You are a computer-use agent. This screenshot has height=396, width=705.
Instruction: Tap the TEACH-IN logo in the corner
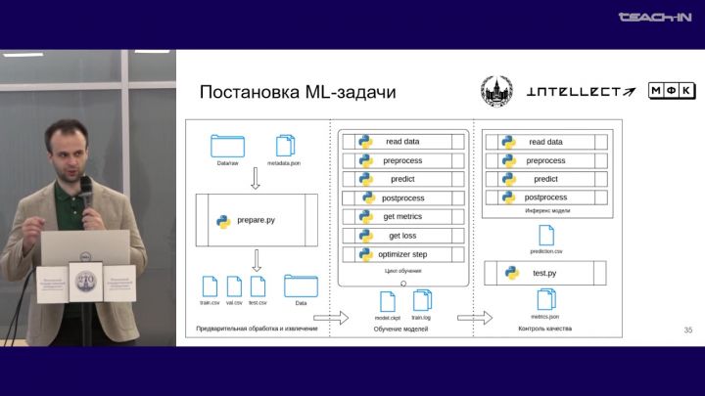pyautogui.click(x=655, y=17)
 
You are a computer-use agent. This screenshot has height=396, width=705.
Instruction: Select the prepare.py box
pyautogui.click(x=257, y=220)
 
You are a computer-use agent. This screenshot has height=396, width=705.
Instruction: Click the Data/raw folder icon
pyautogui.click(x=228, y=146)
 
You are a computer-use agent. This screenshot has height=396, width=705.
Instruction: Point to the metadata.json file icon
pyautogui.click(x=284, y=146)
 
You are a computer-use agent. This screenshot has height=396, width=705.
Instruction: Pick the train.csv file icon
pyautogui.click(x=210, y=286)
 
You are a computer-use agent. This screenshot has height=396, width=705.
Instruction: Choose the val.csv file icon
pyautogui.click(x=234, y=286)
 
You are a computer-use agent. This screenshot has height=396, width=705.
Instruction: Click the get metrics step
pyautogui.click(x=401, y=216)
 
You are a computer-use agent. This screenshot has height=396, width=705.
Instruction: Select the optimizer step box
pyautogui.click(x=401, y=254)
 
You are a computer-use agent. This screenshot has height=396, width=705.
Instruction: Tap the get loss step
pyautogui.click(x=401, y=236)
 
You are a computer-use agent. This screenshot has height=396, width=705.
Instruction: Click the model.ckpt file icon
pyautogui.click(x=387, y=300)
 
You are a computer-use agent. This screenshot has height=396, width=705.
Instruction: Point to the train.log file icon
pyautogui.click(x=421, y=300)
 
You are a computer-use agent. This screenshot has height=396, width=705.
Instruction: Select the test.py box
pyautogui.click(x=543, y=272)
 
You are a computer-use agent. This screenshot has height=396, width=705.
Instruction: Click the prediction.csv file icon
pyautogui.click(x=545, y=235)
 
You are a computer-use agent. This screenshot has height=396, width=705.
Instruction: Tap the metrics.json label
pyautogui.click(x=544, y=318)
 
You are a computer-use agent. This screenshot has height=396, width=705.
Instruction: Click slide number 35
pyautogui.click(x=687, y=330)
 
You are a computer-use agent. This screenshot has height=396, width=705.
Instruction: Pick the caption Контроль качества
pyautogui.click(x=544, y=329)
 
